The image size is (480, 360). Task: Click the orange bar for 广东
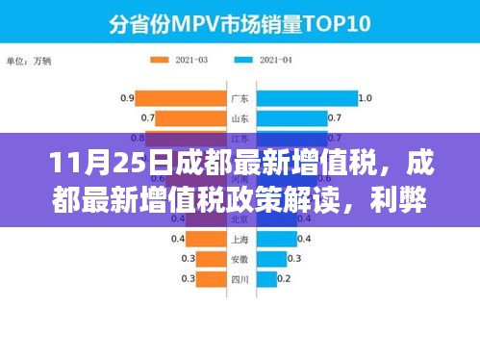pos(179,98)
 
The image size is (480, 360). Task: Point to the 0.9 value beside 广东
pos(126,98)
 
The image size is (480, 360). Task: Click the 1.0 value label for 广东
pos(365,98)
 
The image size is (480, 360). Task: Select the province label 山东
pos(240,118)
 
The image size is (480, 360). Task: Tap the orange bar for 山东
pos(189,118)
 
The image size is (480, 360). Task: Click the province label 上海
pos(240,239)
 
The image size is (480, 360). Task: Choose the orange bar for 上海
pos(205,239)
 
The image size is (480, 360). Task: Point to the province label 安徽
pos(240,259)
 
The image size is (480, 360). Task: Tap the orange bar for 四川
pos(212,279)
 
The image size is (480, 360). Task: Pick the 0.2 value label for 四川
pos(284,279)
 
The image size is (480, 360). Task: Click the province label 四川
pos(240,279)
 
